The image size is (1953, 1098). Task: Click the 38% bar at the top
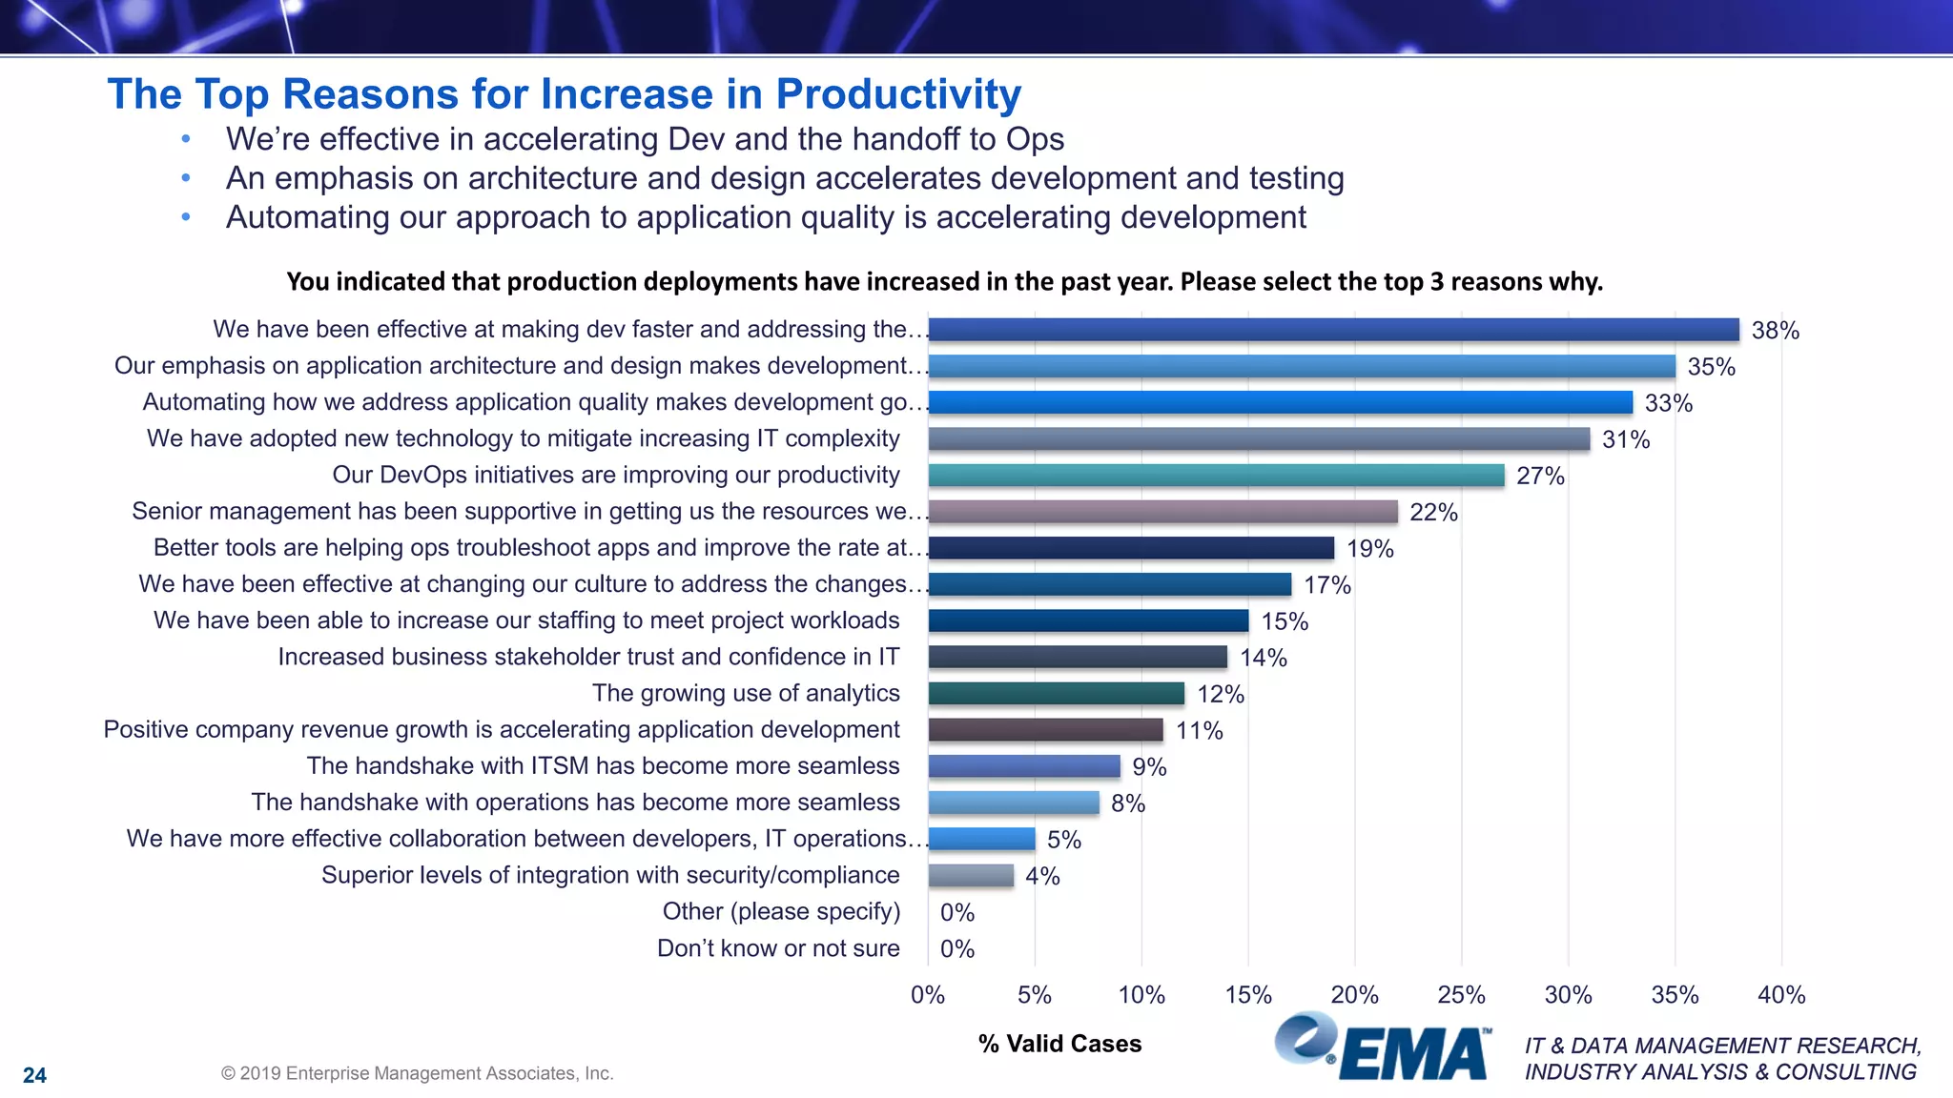click(x=1333, y=330)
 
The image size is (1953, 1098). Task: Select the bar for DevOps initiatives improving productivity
click(x=1216, y=476)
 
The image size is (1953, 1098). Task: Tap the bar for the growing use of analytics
click(x=1056, y=694)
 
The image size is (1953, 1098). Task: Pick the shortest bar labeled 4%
click(x=971, y=876)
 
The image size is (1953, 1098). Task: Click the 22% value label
click(x=1433, y=513)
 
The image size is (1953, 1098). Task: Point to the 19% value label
click(x=1369, y=549)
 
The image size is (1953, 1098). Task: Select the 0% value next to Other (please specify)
click(x=956, y=913)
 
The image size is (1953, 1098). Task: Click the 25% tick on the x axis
click(x=1461, y=995)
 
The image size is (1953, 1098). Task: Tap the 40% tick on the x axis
click(x=1780, y=995)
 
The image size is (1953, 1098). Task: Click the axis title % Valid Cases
click(x=1059, y=1044)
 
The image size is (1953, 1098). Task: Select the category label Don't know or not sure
click(x=778, y=948)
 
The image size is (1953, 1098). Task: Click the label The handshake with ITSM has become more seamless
click(x=603, y=766)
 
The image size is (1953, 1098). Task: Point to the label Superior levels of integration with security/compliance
click(x=610, y=875)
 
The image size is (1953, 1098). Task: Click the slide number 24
click(x=34, y=1075)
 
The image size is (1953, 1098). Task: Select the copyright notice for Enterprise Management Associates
click(x=417, y=1073)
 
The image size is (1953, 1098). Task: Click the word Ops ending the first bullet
click(x=1035, y=139)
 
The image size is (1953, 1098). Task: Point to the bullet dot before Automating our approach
click(x=186, y=217)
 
